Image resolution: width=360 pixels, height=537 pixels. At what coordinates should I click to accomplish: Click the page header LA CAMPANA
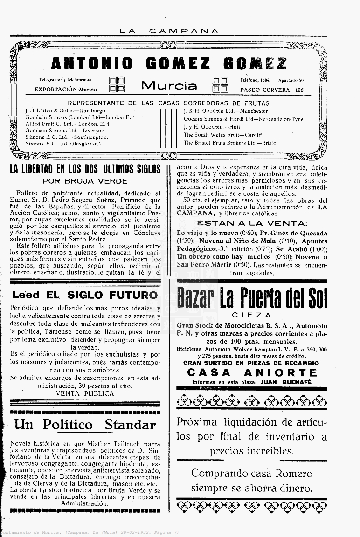coord(169,31)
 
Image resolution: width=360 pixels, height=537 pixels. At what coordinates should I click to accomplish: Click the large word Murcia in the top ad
coord(169,86)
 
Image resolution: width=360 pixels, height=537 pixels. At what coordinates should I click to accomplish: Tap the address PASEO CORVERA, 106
coord(272,90)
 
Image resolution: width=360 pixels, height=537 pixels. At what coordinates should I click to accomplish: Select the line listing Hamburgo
coord(65,111)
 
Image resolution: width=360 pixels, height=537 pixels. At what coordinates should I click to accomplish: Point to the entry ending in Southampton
coord(66,138)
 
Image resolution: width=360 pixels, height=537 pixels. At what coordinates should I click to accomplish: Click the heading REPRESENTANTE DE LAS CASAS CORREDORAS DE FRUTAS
coord(168,103)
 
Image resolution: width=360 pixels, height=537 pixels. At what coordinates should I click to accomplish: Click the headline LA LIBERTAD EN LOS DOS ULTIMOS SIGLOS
coord(85,169)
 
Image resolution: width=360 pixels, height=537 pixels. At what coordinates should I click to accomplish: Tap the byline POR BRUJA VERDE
coord(85,181)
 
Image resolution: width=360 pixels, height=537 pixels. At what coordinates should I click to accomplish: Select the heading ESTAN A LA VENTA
coord(252,223)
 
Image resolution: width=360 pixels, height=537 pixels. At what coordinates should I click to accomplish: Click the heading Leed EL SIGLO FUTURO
coord(85,295)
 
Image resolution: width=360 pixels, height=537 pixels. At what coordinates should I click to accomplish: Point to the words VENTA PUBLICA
coord(85,393)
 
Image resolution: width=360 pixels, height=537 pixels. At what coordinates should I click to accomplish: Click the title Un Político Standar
coord(85,425)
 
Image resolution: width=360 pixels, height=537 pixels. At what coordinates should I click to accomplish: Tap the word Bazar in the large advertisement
coord(195,298)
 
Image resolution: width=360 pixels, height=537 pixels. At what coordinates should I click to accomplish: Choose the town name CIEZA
coord(251,315)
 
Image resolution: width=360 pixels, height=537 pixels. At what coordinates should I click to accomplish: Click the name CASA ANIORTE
coord(252,372)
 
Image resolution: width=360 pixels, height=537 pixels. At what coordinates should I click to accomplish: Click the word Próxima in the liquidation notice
coord(196,422)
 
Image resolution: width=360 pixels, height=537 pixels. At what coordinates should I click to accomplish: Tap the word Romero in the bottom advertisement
coord(292,474)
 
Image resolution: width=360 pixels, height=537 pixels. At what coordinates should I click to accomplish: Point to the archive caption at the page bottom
coord(90,532)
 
